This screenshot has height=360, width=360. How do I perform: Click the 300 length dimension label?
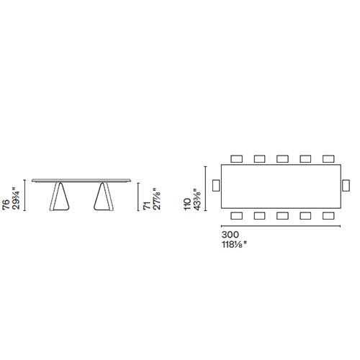pyautogui.click(x=230, y=235)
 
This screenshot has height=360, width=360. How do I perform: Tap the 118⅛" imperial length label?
pyautogui.click(x=234, y=245)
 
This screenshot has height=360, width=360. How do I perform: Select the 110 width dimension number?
pyautogui.click(x=187, y=204)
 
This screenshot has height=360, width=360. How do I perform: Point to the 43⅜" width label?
pyautogui.click(x=197, y=199)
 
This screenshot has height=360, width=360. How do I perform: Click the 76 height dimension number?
pyautogui.click(x=6, y=204)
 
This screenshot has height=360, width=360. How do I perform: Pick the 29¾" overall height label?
pyautogui.click(x=15, y=199)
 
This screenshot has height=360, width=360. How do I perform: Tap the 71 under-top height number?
pyautogui.click(x=146, y=206)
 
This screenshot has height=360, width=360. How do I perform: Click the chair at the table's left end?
pyautogui.click(x=216, y=185)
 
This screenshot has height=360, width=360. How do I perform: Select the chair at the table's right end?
pyautogui.click(x=346, y=185)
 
